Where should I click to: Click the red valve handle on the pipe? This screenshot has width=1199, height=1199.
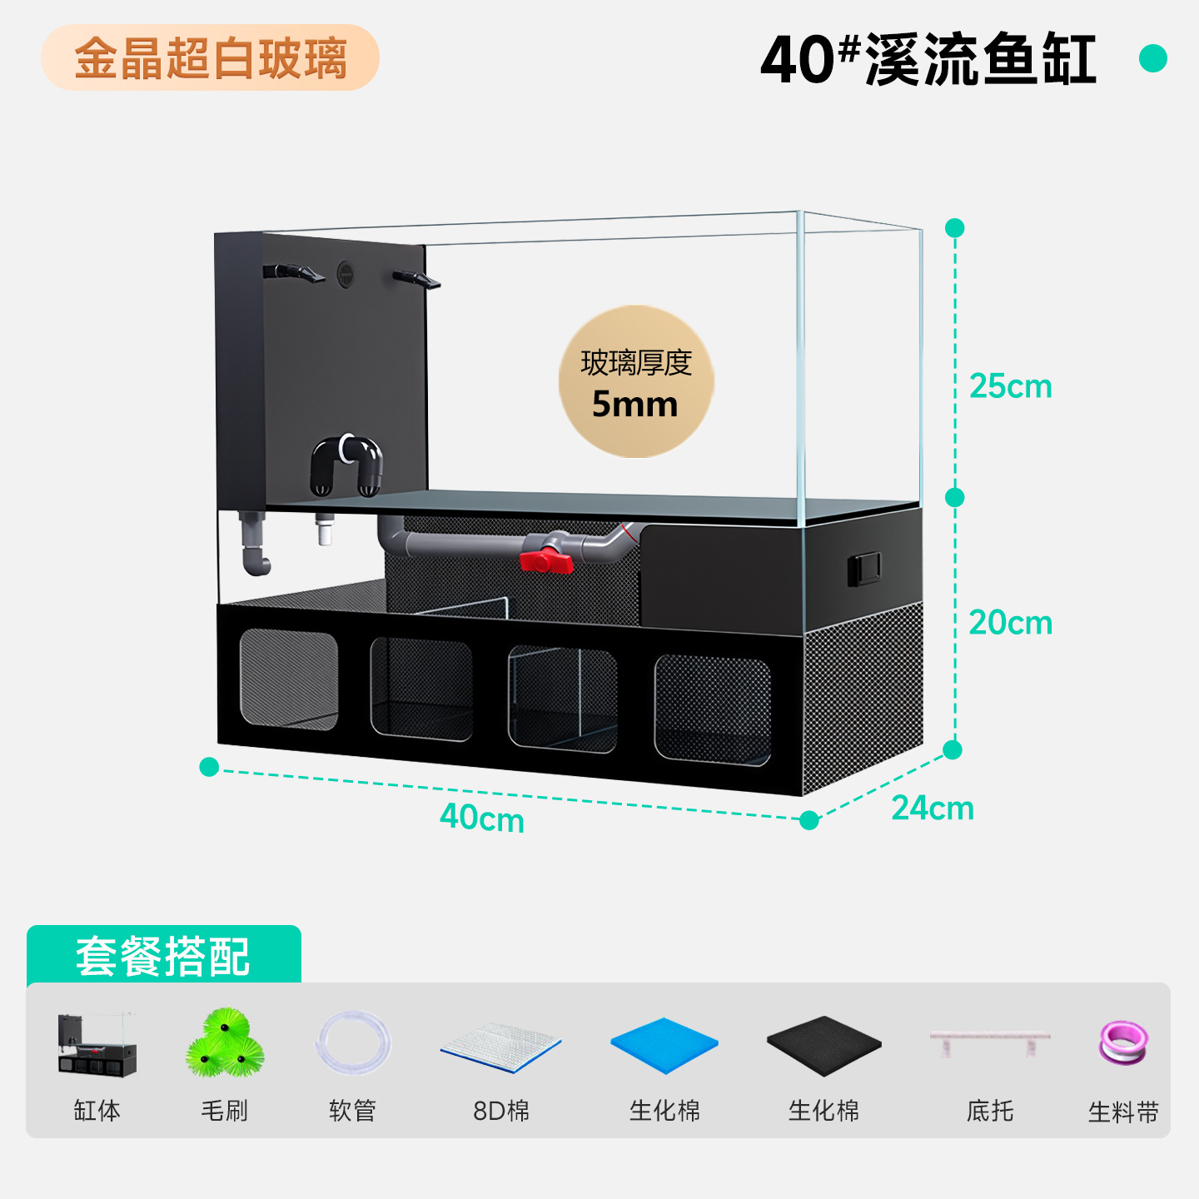click(x=545, y=561)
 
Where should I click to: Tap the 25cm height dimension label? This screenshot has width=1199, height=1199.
click(x=1011, y=386)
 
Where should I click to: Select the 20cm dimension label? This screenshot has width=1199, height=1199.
click(x=1011, y=622)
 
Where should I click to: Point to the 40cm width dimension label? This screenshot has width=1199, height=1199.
click(x=482, y=818)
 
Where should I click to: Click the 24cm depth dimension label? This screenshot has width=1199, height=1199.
click(x=933, y=808)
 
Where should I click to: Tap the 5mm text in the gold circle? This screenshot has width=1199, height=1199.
click(x=634, y=404)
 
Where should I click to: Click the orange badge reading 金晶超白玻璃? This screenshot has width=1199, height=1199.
click(x=211, y=57)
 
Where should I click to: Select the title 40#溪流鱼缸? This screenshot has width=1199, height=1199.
click(x=928, y=58)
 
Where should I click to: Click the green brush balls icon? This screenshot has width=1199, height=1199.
click(x=226, y=1043)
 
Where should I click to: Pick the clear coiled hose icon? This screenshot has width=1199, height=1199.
click(x=353, y=1042)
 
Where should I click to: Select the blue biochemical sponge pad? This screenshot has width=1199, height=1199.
click(x=664, y=1045)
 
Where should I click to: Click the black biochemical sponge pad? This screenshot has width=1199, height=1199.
click(x=823, y=1046)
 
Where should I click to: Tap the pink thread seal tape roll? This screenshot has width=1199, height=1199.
click(x=1123, y=1042)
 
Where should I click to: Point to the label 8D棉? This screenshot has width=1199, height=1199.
click(x=501, y=1111)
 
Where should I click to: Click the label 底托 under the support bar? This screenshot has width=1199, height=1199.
click(x=990, y=1111)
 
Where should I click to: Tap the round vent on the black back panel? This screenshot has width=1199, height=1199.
click(x=346, y=274)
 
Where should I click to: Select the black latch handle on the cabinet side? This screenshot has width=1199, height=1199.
click(x=864, y=569)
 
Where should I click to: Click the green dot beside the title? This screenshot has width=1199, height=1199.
click(x=1153, y=58)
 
